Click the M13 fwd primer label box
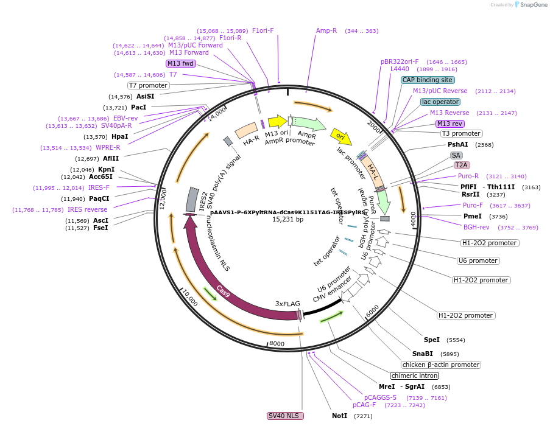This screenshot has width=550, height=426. pos(181,63)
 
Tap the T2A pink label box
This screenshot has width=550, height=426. pos(462,165)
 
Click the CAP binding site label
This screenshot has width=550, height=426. pos(428,80)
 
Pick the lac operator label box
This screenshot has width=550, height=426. pos(440,102)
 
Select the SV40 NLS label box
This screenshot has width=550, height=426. pos(285,416)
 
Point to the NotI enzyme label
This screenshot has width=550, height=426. pos(339,416)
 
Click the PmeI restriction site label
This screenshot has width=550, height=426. pos(473,216)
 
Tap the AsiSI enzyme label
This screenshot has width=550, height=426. pos(145,96)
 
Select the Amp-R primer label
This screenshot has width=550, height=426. pos(326,30)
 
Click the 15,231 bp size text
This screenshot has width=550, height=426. pos(287,219)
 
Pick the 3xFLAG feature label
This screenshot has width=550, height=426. pos(286,303)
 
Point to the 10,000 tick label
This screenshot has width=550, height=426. pos(189,298)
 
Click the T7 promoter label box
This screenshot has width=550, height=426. pos(148,85)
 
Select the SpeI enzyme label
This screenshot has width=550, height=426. pos(431,340)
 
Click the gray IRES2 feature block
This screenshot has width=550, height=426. pos(191,199)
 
